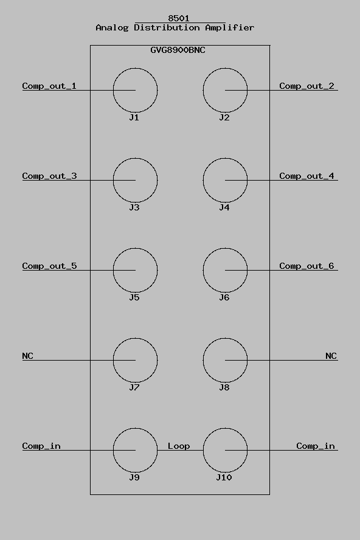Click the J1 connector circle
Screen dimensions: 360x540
(113, 90)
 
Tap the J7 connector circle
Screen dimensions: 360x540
(113, 360)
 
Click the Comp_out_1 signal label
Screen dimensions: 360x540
(49, 86)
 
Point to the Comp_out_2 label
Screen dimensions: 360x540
(306, 86)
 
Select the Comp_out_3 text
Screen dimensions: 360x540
(49, 176)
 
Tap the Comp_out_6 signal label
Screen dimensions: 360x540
(306, 266)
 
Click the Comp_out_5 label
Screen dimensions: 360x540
(49, 266)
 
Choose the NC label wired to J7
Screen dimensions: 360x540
(27, 356)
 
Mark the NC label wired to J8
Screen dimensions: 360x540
(331, 356)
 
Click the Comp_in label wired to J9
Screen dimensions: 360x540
(41, 446)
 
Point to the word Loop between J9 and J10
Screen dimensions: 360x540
(179, 446)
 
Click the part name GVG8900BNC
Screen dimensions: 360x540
(178, 50)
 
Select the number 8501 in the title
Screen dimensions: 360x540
(179, 18)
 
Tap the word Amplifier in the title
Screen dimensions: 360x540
(230, 27)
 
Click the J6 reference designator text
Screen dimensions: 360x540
(224, 297)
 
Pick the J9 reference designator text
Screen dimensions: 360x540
(134, 477)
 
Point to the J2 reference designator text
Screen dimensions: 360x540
(224, 117)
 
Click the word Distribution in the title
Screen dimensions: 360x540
(167, 27)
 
